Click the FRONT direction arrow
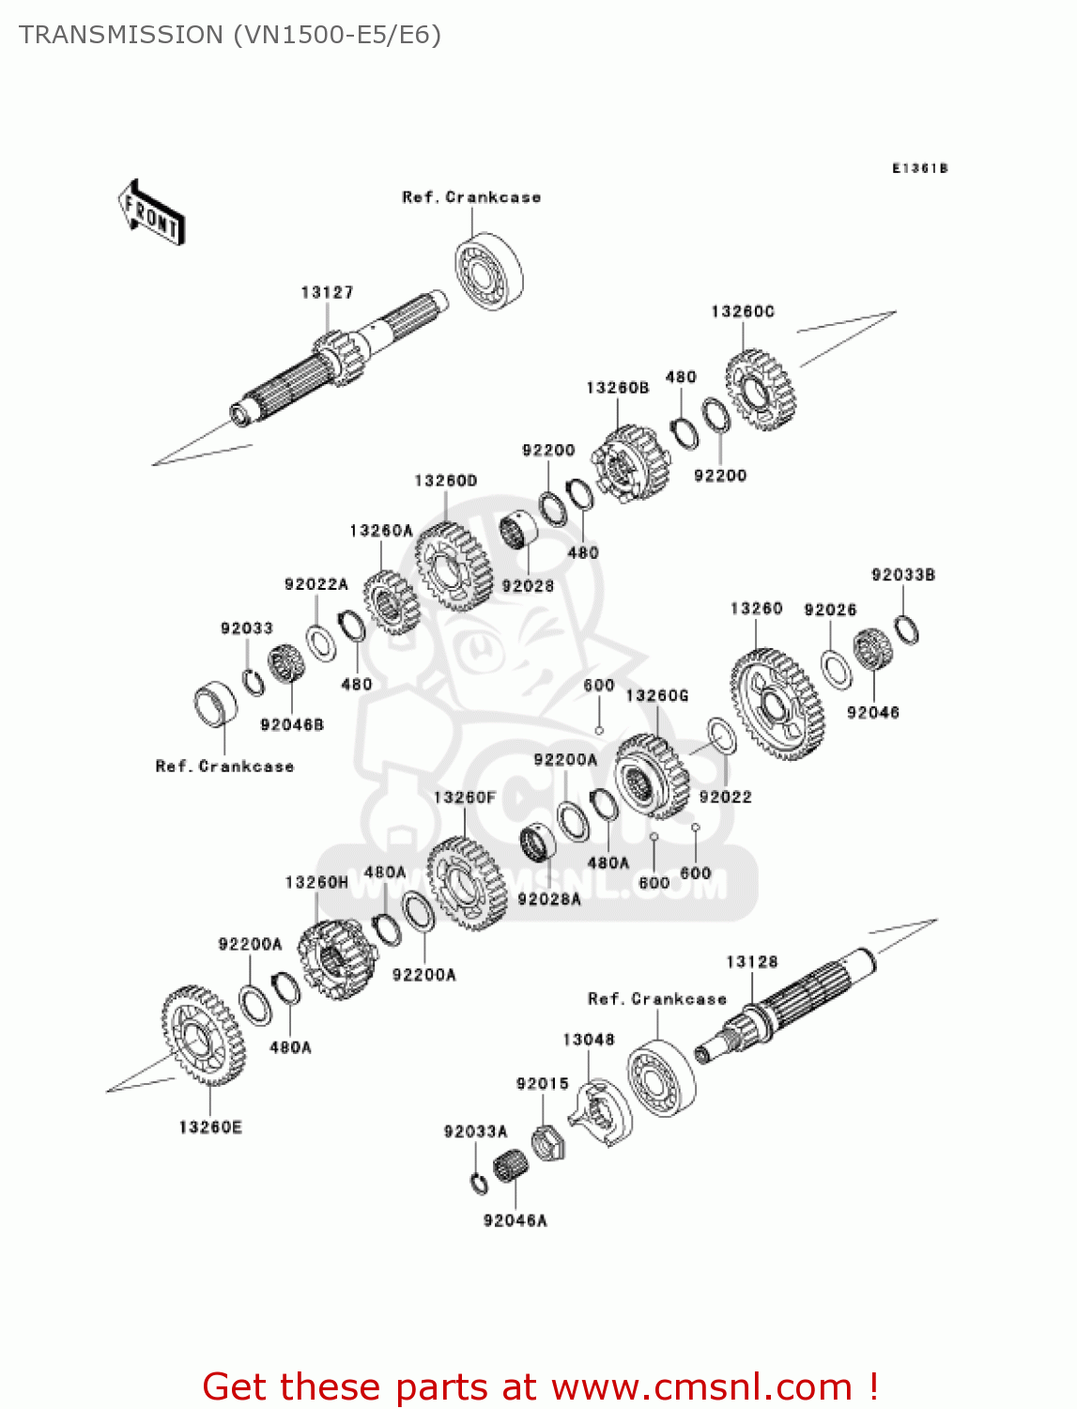click(151, 213)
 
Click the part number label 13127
click(327, 292)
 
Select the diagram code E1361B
click(919, 168)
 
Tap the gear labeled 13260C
click(761, 390)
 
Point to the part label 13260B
click(617, 387)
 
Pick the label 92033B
click(902, 575)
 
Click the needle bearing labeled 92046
click(871, 649)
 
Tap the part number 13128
click(751, 961)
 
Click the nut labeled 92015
click(546, 1142)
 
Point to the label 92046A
click(515, 1220)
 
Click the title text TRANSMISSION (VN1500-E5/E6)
click(230, 35)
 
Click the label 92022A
click(315, 584)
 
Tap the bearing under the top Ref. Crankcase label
click(488, 271)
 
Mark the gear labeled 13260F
click(466, 883)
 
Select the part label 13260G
click(656, 695)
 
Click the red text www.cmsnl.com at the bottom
click(700, 1386)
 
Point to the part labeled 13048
click(601, 1115)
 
